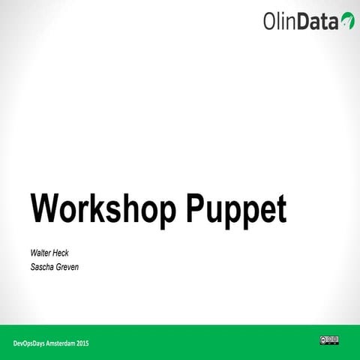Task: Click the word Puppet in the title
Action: [x=235, y=210]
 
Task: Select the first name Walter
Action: [x=41, y=253]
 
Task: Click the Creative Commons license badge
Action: [x=329, y=340]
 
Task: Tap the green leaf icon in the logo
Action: [x=346, y=20]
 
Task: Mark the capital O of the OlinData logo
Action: [x=271, y=22]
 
